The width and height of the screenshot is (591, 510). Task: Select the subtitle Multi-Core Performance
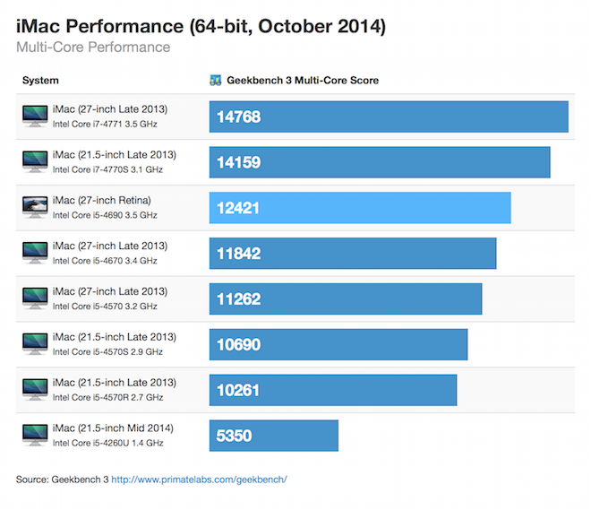tap(93, 47)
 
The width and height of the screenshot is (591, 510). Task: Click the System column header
tap(40, 81)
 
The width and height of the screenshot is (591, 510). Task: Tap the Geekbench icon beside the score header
tap(215, 81)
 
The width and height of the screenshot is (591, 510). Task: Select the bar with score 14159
tap(380, 162)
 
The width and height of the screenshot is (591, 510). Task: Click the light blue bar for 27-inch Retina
tap(360, 208)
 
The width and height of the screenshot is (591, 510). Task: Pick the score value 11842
tap(239, 254)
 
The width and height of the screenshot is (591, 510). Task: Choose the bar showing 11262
tap(346, 298)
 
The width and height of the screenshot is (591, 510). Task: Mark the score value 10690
tap(239, 344)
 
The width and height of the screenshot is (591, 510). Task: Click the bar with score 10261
tap(333, 390)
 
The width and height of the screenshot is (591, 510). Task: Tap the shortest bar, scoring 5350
tap(274, 436)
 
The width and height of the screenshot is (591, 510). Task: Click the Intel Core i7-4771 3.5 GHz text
tap(105, 125)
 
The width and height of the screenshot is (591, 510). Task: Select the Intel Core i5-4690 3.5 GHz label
tap(105, 215)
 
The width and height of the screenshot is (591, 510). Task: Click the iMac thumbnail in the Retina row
tap(35, 207)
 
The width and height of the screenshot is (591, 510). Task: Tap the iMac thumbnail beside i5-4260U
tap(35, 435)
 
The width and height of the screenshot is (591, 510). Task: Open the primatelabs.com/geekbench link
tap(199, 480)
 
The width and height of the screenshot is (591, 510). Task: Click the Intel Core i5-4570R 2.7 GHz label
tap(107, 397)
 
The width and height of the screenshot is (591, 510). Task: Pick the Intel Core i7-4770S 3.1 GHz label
tap(107, 169)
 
